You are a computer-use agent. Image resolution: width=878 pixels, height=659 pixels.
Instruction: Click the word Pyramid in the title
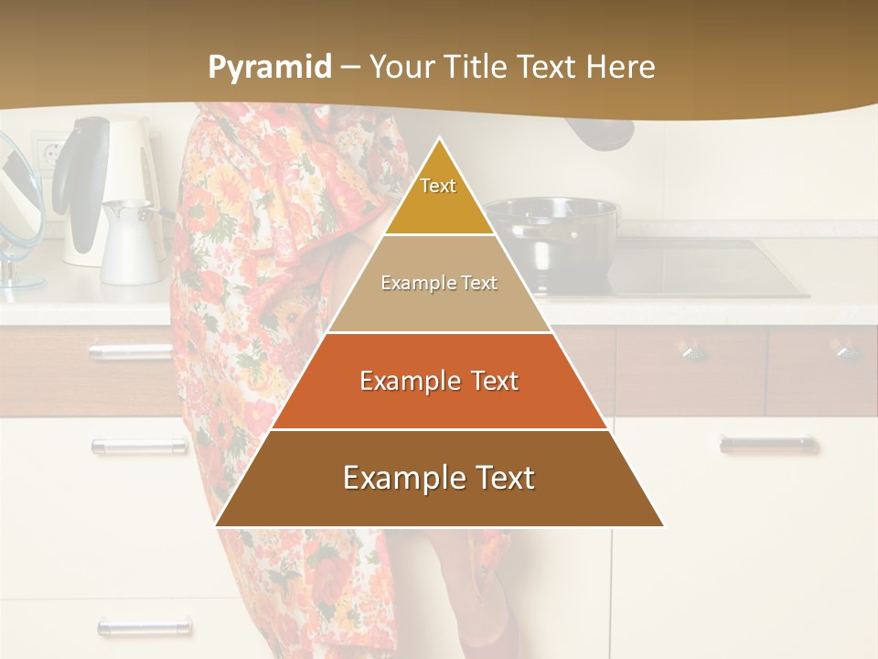click(269, 68)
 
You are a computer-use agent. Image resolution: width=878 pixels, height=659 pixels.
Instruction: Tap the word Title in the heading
click(476, 68)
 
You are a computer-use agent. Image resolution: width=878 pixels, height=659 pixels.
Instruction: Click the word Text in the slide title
click(550, 68)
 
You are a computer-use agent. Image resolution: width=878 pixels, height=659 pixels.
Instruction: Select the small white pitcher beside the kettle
click(131, 243)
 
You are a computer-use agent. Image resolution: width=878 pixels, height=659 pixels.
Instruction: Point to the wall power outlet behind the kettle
click(46, 151)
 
